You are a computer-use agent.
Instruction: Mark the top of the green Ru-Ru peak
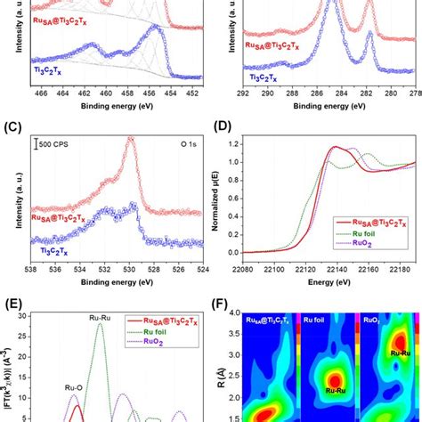pyautogui.click(x=100, y=324)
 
